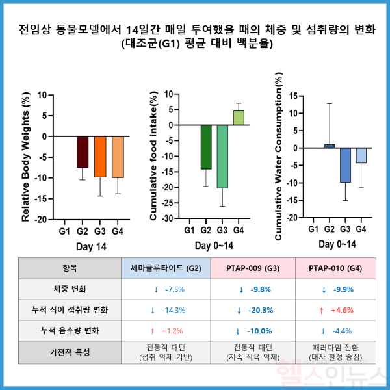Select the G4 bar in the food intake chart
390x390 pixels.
click(x=239, y=118)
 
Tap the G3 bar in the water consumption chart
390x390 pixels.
click(x=345, y=165)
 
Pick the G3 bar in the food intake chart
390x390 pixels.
click(x=222, y=157)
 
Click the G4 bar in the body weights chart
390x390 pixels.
click(x=118, y=157)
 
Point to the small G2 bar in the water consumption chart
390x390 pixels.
click(x=330, y=146)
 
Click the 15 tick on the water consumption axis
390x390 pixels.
click(x=292, y=96)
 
